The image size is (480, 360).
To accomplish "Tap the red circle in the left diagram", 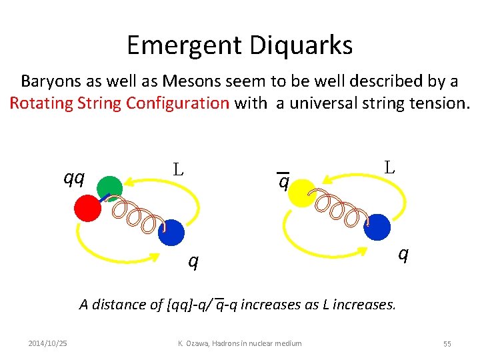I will click(87, 209).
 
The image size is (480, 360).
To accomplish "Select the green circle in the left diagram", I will click(111, 189).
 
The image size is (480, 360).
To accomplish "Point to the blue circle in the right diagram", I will click(377, 227).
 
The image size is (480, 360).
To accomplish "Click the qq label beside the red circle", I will click(73, 177).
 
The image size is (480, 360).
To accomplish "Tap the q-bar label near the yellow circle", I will click(284, 181).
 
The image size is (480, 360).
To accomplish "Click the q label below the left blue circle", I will click(193, 261).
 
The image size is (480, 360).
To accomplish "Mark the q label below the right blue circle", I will click(402, 253).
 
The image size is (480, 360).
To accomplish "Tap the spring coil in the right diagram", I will click(341, 207).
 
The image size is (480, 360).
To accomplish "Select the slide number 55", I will click(447, 343).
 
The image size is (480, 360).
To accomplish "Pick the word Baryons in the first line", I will click(47, 81).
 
